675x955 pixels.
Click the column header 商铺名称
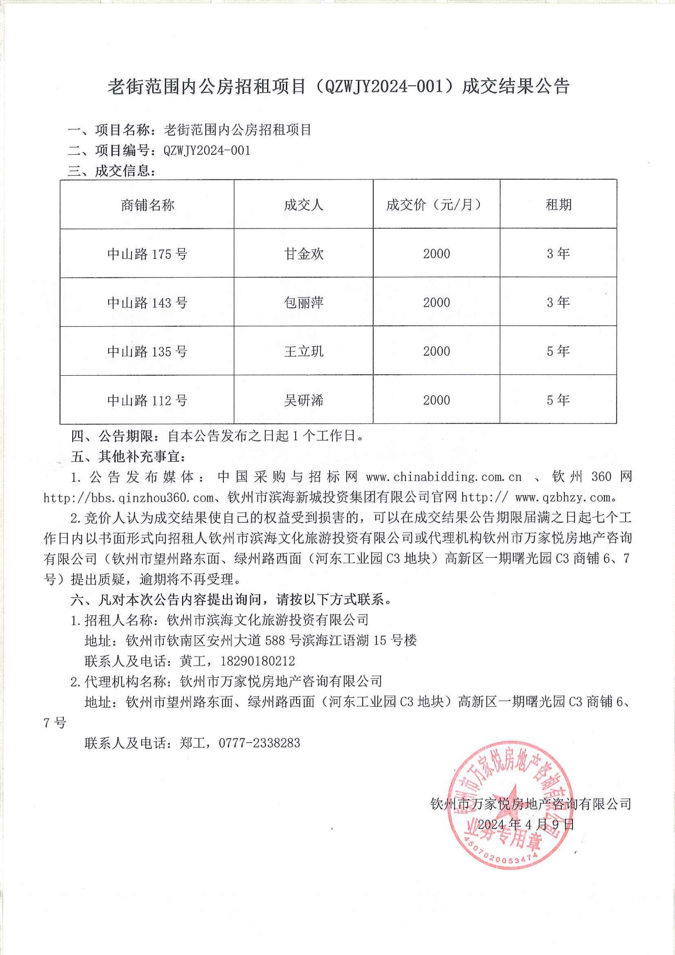tap(147, 205)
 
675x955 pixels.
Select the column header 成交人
tap(303, 205)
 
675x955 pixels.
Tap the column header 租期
tap(558, 205)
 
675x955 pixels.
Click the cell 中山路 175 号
tap(147, 254)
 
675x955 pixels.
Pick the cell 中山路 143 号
tap(147, 302)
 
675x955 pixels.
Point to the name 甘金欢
tap(303, 254)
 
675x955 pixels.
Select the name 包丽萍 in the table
tap(303, 302)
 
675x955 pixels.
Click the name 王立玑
tap(303, 351)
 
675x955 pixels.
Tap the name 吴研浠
tap(303, 400)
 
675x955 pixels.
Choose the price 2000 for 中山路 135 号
tap(436, 351)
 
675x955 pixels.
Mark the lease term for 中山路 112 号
tap(558, 400)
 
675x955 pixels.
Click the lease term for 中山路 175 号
tap(558, 254)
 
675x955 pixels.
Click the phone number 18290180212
tap(257, 661)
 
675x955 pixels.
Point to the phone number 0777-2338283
tap(259, 743)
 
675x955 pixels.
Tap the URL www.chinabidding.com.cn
tap(444, 477)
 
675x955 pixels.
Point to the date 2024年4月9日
tap(526, 824)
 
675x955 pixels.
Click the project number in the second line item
tap(207, 150)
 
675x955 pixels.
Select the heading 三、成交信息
tap(112, 171)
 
